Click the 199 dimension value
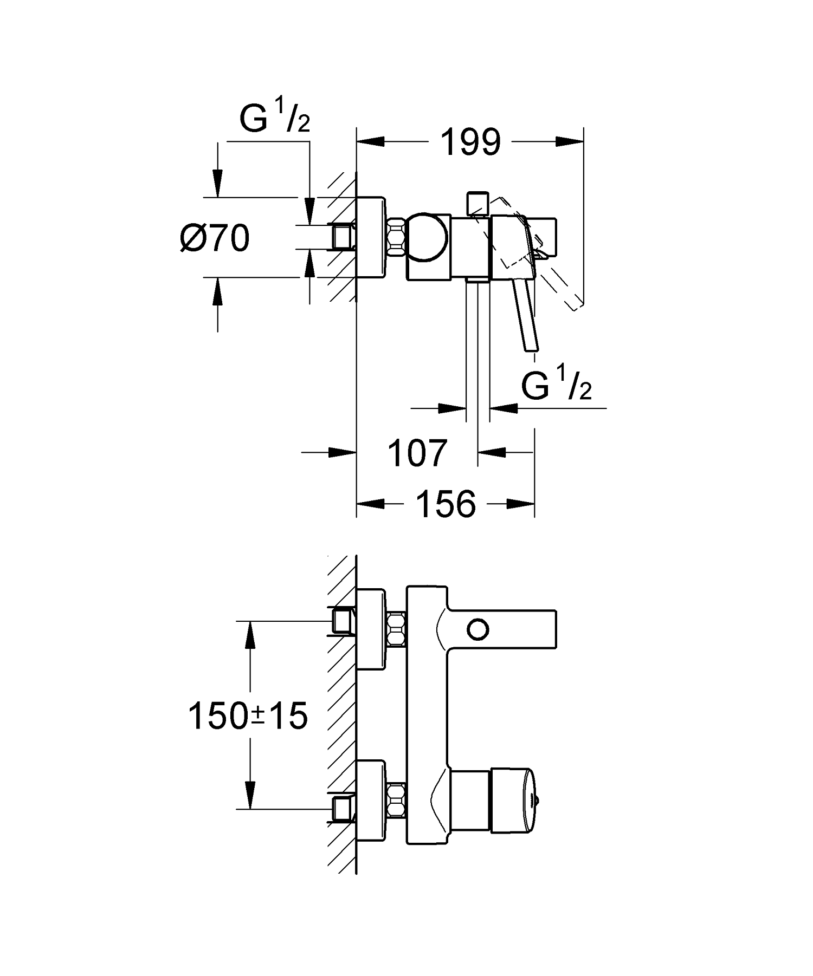(470, 143)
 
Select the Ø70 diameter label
(215, 238)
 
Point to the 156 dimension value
(446, 504)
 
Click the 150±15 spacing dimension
(248, 716)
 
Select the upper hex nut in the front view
(397, 628)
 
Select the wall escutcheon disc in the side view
(371, 238)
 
